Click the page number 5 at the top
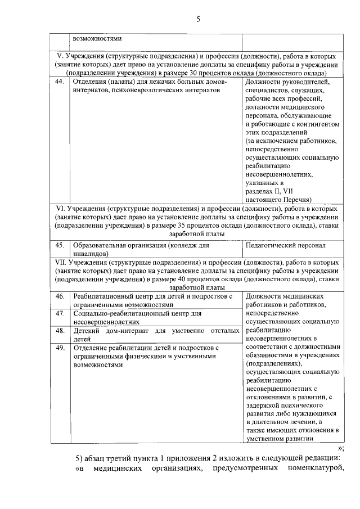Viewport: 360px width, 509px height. (x=198, y=20)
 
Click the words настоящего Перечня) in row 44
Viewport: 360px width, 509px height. (x=278, y=199)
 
